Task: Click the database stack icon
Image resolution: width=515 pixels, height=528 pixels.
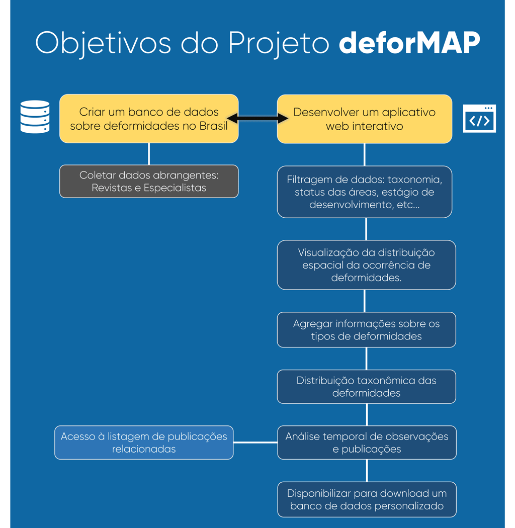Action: [x=35, y=117]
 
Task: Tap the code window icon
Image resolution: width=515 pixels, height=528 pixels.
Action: [x=479, y=119]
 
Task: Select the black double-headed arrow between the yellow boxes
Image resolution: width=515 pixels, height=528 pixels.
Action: [x=257, y=118]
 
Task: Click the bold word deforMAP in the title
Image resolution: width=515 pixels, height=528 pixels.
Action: [x=409, y=44]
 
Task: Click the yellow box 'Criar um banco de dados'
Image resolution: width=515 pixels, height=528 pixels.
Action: [x=149, y=119]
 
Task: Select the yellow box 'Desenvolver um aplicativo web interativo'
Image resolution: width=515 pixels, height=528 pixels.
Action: [x=364, y=119]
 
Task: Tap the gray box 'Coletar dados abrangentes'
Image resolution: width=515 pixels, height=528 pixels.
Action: [x=149, y=182]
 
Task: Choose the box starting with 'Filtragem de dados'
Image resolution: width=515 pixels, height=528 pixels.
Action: [x=364, y=192]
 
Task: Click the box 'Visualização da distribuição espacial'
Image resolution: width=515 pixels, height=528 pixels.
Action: [x=366, y=265]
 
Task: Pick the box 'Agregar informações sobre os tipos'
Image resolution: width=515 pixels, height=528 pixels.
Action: [x=366, y=330]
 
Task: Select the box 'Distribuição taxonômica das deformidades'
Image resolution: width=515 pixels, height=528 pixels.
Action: [x=366, y=387]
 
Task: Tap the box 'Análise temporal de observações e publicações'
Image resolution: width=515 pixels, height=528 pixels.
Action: [x=367, y=443]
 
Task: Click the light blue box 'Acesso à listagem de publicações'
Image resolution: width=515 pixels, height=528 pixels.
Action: [x=144, y=443]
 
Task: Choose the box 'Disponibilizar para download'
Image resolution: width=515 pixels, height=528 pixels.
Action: [x=367, y=499]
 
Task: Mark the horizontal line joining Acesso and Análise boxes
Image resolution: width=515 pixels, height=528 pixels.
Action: [x=255, y=443]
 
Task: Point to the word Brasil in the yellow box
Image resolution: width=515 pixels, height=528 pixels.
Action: [x=213, y=126]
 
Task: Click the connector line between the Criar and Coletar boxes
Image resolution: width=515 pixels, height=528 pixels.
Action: [x=149, y=154]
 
